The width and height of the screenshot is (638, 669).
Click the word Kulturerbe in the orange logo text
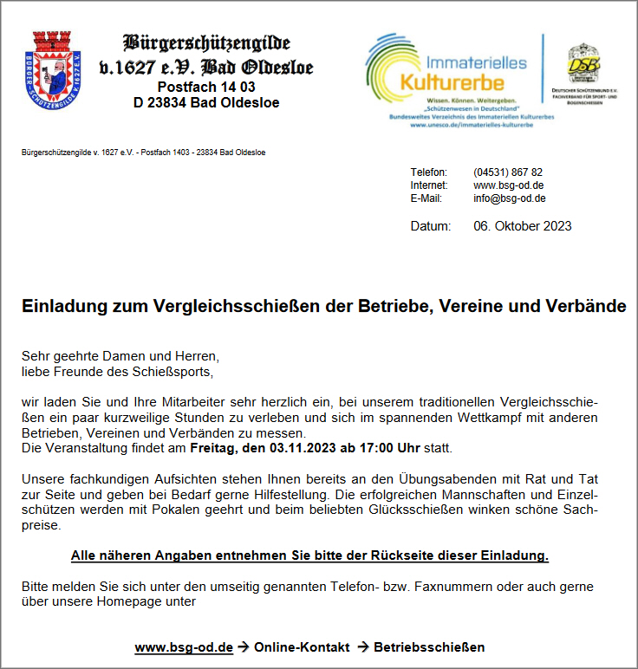click(451, 82)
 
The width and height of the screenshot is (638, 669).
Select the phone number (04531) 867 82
click(508, 172)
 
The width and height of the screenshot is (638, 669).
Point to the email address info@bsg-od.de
click(509, 198)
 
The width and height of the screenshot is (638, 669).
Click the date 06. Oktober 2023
click(522, 226)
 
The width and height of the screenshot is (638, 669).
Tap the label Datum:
click(430, 226)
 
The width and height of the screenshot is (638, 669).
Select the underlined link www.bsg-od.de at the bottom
click(184, 647)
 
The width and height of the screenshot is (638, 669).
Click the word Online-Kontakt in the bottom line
click(302, 647)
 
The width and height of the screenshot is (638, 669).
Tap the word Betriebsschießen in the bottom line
click(429, 647)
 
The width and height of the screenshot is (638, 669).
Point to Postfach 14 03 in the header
click(206, 87)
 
